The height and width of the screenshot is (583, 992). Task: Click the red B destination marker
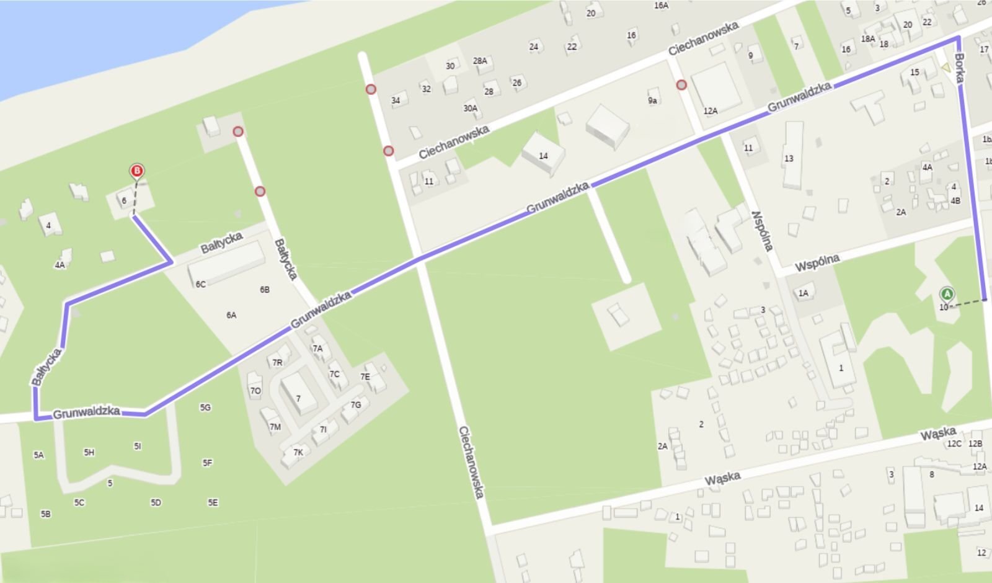click(x=137, y=171)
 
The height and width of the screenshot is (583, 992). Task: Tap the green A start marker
click(x=947, y=294)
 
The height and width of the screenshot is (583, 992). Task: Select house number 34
click(x=396, y=100)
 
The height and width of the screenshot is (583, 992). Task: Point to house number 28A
click(x=480, y=61)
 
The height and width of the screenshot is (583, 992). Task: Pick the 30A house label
click(x=471, y=109)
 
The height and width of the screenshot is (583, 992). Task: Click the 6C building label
click(x=200, y=285)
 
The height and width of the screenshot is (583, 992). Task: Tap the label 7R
click(x=277, y=363)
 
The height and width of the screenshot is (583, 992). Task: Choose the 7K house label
click(x=298, y=453)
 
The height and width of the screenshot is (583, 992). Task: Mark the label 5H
click(x=89, y=453)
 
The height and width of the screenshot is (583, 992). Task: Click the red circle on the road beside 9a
click(x=682, y=85)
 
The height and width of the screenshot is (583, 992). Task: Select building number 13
click(x=789, y=159)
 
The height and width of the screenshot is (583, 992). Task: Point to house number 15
click(x=914, y=73)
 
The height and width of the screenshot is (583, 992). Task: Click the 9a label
click(x=652, y=100)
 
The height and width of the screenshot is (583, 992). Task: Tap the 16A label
click(x=661, y=6)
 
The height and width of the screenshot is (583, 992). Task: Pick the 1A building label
click(x=804, y=293)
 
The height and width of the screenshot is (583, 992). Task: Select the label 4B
click(x=955, y=200)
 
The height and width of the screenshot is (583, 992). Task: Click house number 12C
click(x=954, y=443)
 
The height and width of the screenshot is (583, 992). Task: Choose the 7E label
click(x=365, y=376)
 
